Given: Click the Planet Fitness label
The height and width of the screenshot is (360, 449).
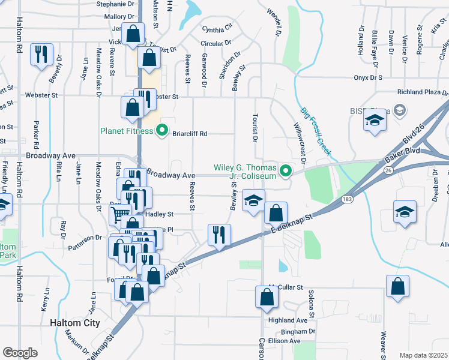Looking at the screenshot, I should (x=127, y=130).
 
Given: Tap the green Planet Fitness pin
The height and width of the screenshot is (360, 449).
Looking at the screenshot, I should (x=161, y=130).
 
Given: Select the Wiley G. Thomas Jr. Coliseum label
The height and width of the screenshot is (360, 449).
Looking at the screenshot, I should (x=247, y=172).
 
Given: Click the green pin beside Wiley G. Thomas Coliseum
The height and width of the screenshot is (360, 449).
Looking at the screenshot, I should (x=286, y=171).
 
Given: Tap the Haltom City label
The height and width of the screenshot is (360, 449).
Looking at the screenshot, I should (x=74, y=323).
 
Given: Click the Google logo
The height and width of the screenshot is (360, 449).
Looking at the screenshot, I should (x=19, y=353).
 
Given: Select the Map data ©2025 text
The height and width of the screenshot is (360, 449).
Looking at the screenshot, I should (x=423, y=355).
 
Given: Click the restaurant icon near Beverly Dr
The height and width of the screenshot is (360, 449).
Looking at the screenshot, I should (x=41, y=54).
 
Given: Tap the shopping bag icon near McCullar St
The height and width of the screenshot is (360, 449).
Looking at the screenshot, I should (x=267, y=296).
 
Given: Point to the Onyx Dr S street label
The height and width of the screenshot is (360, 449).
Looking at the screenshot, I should (x=368, y=78).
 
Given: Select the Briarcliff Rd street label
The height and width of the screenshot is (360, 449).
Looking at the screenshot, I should (x=190, y=134).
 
